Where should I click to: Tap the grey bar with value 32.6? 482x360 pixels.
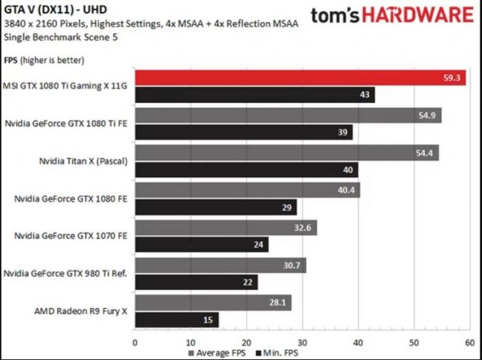(x=225, y=227)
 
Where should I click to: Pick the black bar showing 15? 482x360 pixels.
(x=176, y=319)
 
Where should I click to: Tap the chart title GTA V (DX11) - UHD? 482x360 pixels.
(x=47, y=10)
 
